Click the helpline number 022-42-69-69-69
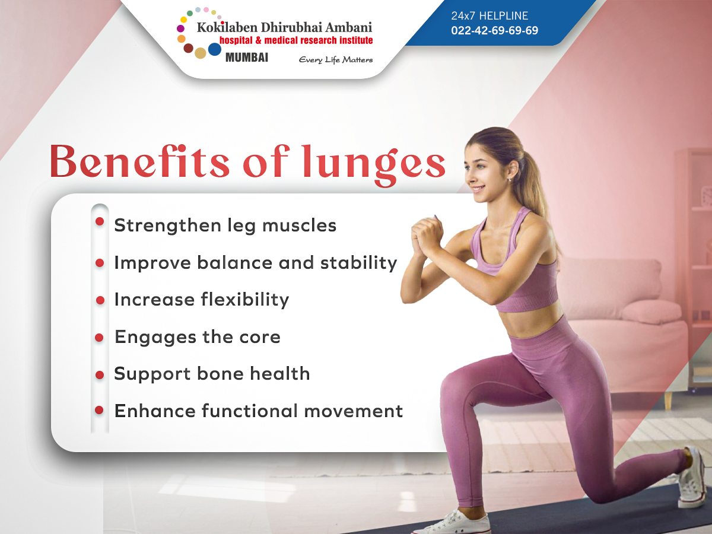[x=494, y=30]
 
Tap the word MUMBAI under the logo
[x=247, y=58]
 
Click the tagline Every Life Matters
[x=336, y=59]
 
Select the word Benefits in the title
[x=139, y=161]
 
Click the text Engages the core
[x=197, y=337]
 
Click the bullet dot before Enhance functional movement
[x=100, y=409]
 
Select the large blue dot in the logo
[x=214, y=49]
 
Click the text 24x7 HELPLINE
[x=490, y=16]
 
